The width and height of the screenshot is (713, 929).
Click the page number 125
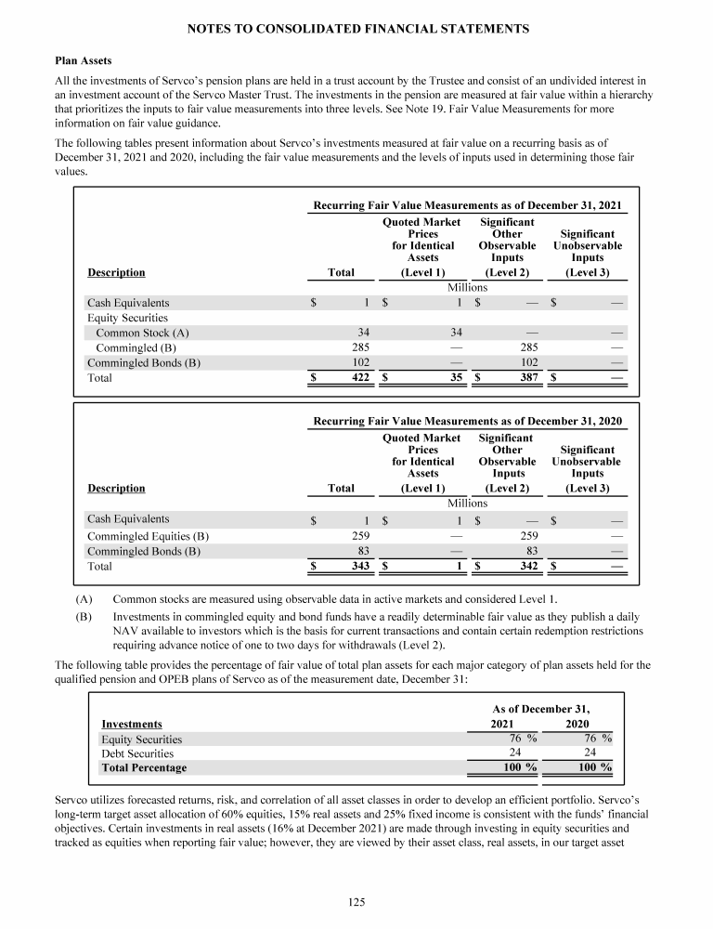tap(356, 898)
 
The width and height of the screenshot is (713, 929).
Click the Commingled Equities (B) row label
tap(148, 536)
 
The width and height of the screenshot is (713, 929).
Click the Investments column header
tap(131, 724)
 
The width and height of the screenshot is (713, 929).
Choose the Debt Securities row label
tap(136, 753)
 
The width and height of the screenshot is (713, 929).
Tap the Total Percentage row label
tap(143, 768)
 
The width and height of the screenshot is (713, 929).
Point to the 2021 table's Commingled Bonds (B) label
tap(143, 363)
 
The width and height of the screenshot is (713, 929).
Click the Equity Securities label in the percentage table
tap(141, 739)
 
